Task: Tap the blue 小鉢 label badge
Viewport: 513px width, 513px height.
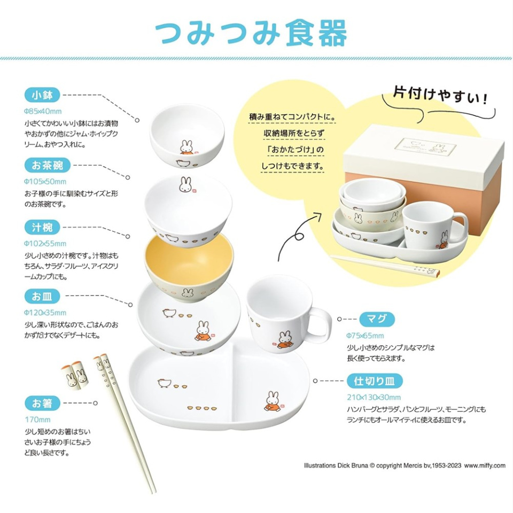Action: click(42, 96)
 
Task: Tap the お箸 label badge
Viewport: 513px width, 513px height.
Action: click(42, 403)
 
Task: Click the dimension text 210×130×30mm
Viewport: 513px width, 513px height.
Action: click(373, 397)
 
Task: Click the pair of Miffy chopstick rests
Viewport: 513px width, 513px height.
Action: click(75, 374)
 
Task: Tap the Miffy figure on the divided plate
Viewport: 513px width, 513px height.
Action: click(273, 401)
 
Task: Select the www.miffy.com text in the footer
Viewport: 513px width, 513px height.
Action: click(484, 465)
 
